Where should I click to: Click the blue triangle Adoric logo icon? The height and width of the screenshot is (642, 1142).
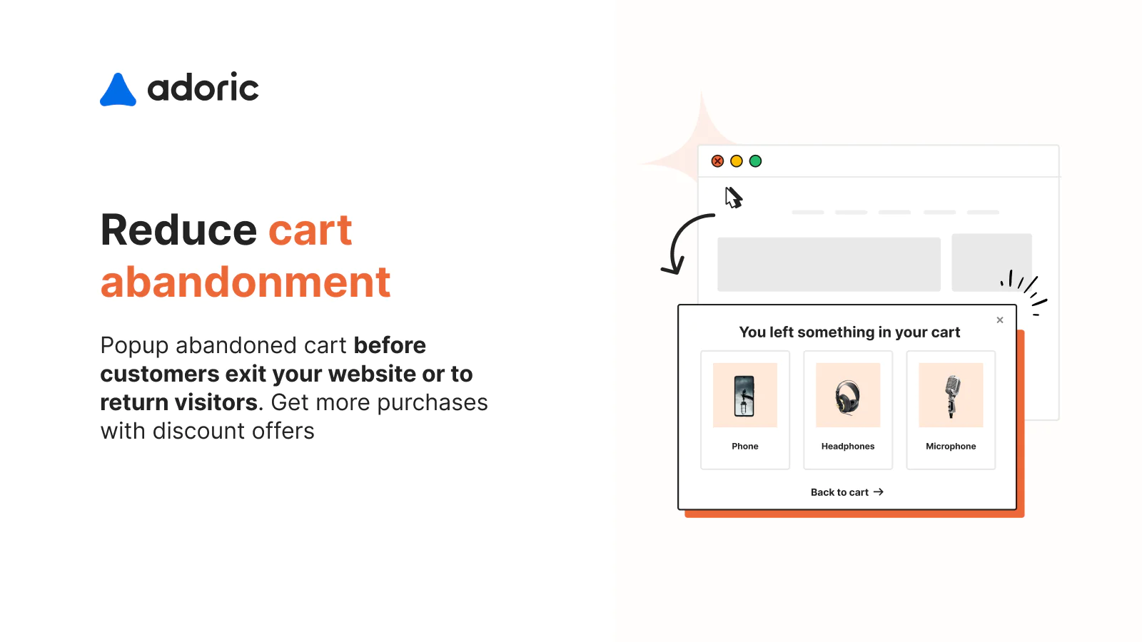click(118, 91)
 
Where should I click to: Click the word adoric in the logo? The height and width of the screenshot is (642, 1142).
click(203, 88)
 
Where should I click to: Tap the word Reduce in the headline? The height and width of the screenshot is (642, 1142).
click(178, 230)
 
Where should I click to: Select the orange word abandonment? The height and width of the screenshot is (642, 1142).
click(246, 282)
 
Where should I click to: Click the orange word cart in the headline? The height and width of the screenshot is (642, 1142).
click(310, 230)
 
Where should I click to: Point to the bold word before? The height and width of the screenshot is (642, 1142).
click(390, 345)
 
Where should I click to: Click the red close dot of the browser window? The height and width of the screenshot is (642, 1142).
click(717, 161)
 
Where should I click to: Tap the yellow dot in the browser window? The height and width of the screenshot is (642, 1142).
click(737, 161)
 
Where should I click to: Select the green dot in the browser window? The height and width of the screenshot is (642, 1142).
click(755, 161)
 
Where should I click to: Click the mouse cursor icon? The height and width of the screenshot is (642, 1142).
click(733, 197)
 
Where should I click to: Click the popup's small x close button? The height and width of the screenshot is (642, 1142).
click(1000, 320)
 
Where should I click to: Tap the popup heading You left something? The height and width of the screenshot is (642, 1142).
click(849, 332)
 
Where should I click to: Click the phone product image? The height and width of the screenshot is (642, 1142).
click(744, 395)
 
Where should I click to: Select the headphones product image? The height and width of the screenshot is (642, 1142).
click(848, 395)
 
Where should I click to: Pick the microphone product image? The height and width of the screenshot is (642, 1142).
click(951, 395)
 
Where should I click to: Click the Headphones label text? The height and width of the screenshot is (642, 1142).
click(848, 447)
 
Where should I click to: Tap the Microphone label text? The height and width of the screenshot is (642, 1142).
click(951, 447)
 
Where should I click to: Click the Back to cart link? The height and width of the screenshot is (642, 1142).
click(847, 492)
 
